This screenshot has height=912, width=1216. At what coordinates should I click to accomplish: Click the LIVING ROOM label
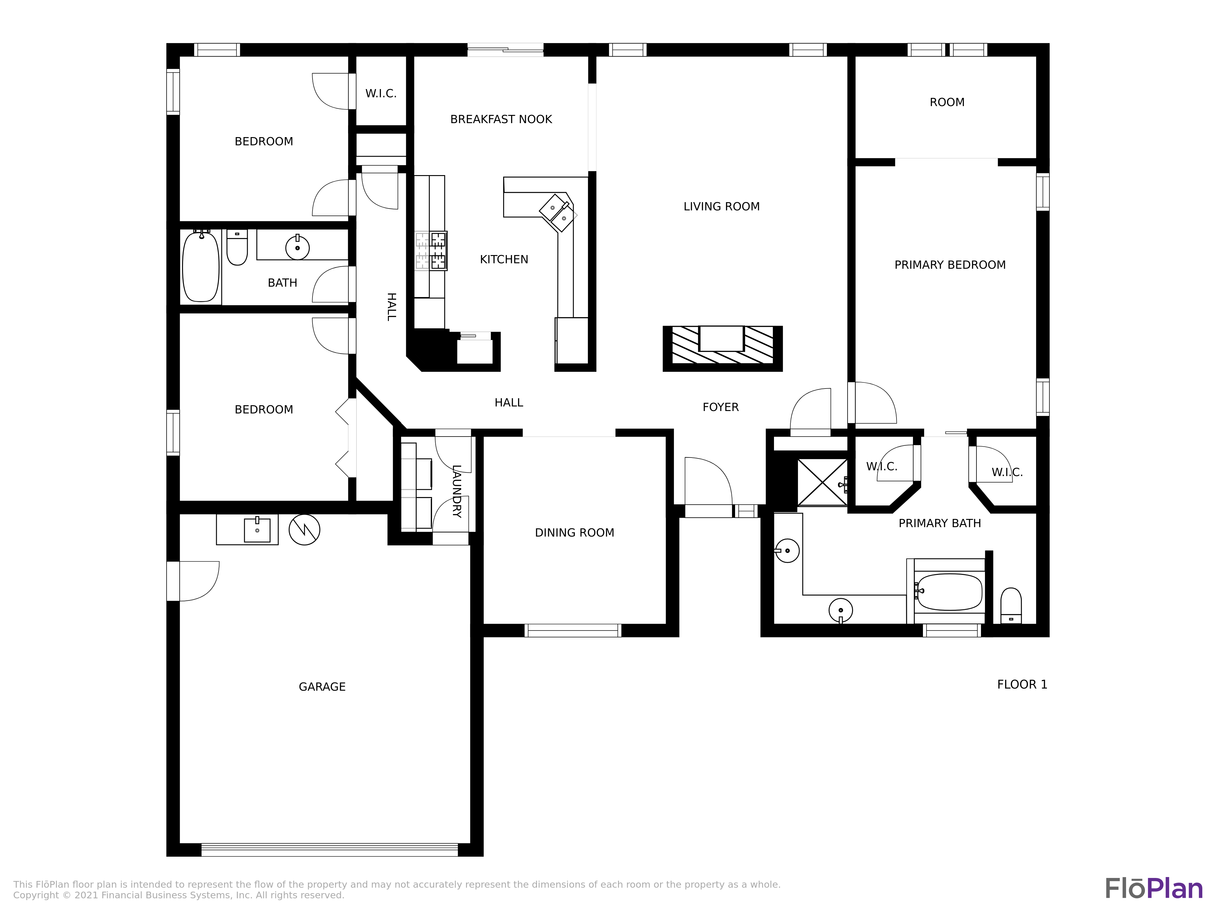tap(721, 207)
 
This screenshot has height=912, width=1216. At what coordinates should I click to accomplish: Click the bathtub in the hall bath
tap(201, 267)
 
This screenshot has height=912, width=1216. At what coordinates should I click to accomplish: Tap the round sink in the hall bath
tap(297, 248)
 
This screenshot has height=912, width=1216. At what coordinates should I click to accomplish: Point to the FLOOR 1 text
tap(1022, 684)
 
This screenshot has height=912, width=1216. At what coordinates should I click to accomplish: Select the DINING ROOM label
tap(575, 533)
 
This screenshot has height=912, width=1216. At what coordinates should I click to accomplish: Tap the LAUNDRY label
tap(456, 491)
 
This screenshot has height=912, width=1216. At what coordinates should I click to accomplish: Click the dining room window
tap(573, 630)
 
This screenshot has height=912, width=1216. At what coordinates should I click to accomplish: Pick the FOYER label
tap(720, 407)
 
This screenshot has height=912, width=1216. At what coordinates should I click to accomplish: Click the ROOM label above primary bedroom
tap(947, 102)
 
